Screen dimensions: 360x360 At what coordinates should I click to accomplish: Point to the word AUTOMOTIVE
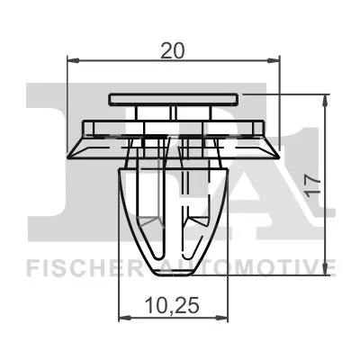click(x=255, y=267)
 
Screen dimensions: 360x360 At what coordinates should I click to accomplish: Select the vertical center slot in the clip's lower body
click(x=174, y=207)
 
